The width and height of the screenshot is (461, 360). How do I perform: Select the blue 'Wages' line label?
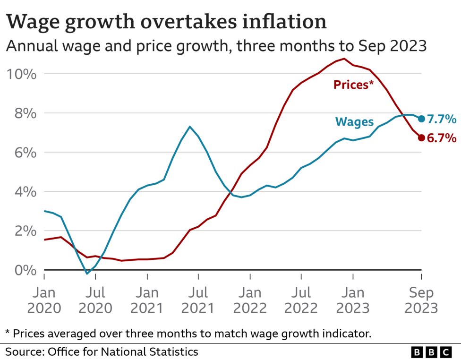pos(354,122)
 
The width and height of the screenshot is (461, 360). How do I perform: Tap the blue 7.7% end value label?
pos(442,119)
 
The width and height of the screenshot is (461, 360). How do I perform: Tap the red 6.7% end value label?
pos(442,138)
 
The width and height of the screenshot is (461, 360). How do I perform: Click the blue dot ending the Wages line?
pos(421,119)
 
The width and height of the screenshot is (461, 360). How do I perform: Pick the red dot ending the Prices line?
pos(421,138)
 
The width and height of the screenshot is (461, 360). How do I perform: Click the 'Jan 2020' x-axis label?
pos(44,300)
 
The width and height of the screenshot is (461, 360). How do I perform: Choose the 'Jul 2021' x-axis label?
pos(198,300)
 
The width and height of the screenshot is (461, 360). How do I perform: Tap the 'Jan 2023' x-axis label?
pos(352,300)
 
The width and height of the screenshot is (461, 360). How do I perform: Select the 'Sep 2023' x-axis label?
pos(421,300)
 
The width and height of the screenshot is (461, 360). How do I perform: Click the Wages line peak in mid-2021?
pos(189,127)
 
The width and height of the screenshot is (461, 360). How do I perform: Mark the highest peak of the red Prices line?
pos(344,59)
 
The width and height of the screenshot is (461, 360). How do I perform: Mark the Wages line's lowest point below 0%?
pos(87,274)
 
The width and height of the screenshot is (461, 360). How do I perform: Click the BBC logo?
pos(431,352)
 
